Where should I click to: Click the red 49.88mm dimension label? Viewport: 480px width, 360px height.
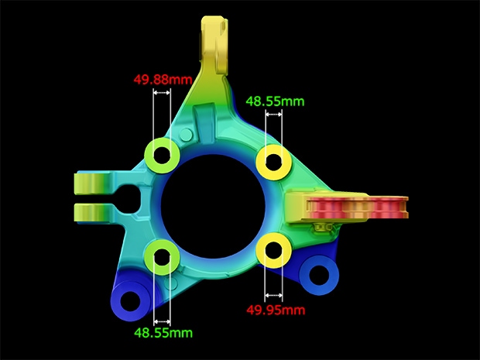click(163, 80)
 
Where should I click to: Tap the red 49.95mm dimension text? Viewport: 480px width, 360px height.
click(276, 310)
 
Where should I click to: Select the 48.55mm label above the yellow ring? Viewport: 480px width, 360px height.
click(275, 101)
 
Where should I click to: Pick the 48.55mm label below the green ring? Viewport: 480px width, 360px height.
click(163, 332)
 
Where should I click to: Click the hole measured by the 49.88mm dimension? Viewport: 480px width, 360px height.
click(162, 155)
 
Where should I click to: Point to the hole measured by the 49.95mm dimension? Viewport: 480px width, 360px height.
click(273, 250)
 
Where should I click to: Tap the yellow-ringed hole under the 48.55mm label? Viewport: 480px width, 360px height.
click(273, 163)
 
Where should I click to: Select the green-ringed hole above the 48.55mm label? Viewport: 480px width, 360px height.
click(163, 257)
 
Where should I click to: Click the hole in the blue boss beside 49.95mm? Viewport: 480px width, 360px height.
click(319, 274)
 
